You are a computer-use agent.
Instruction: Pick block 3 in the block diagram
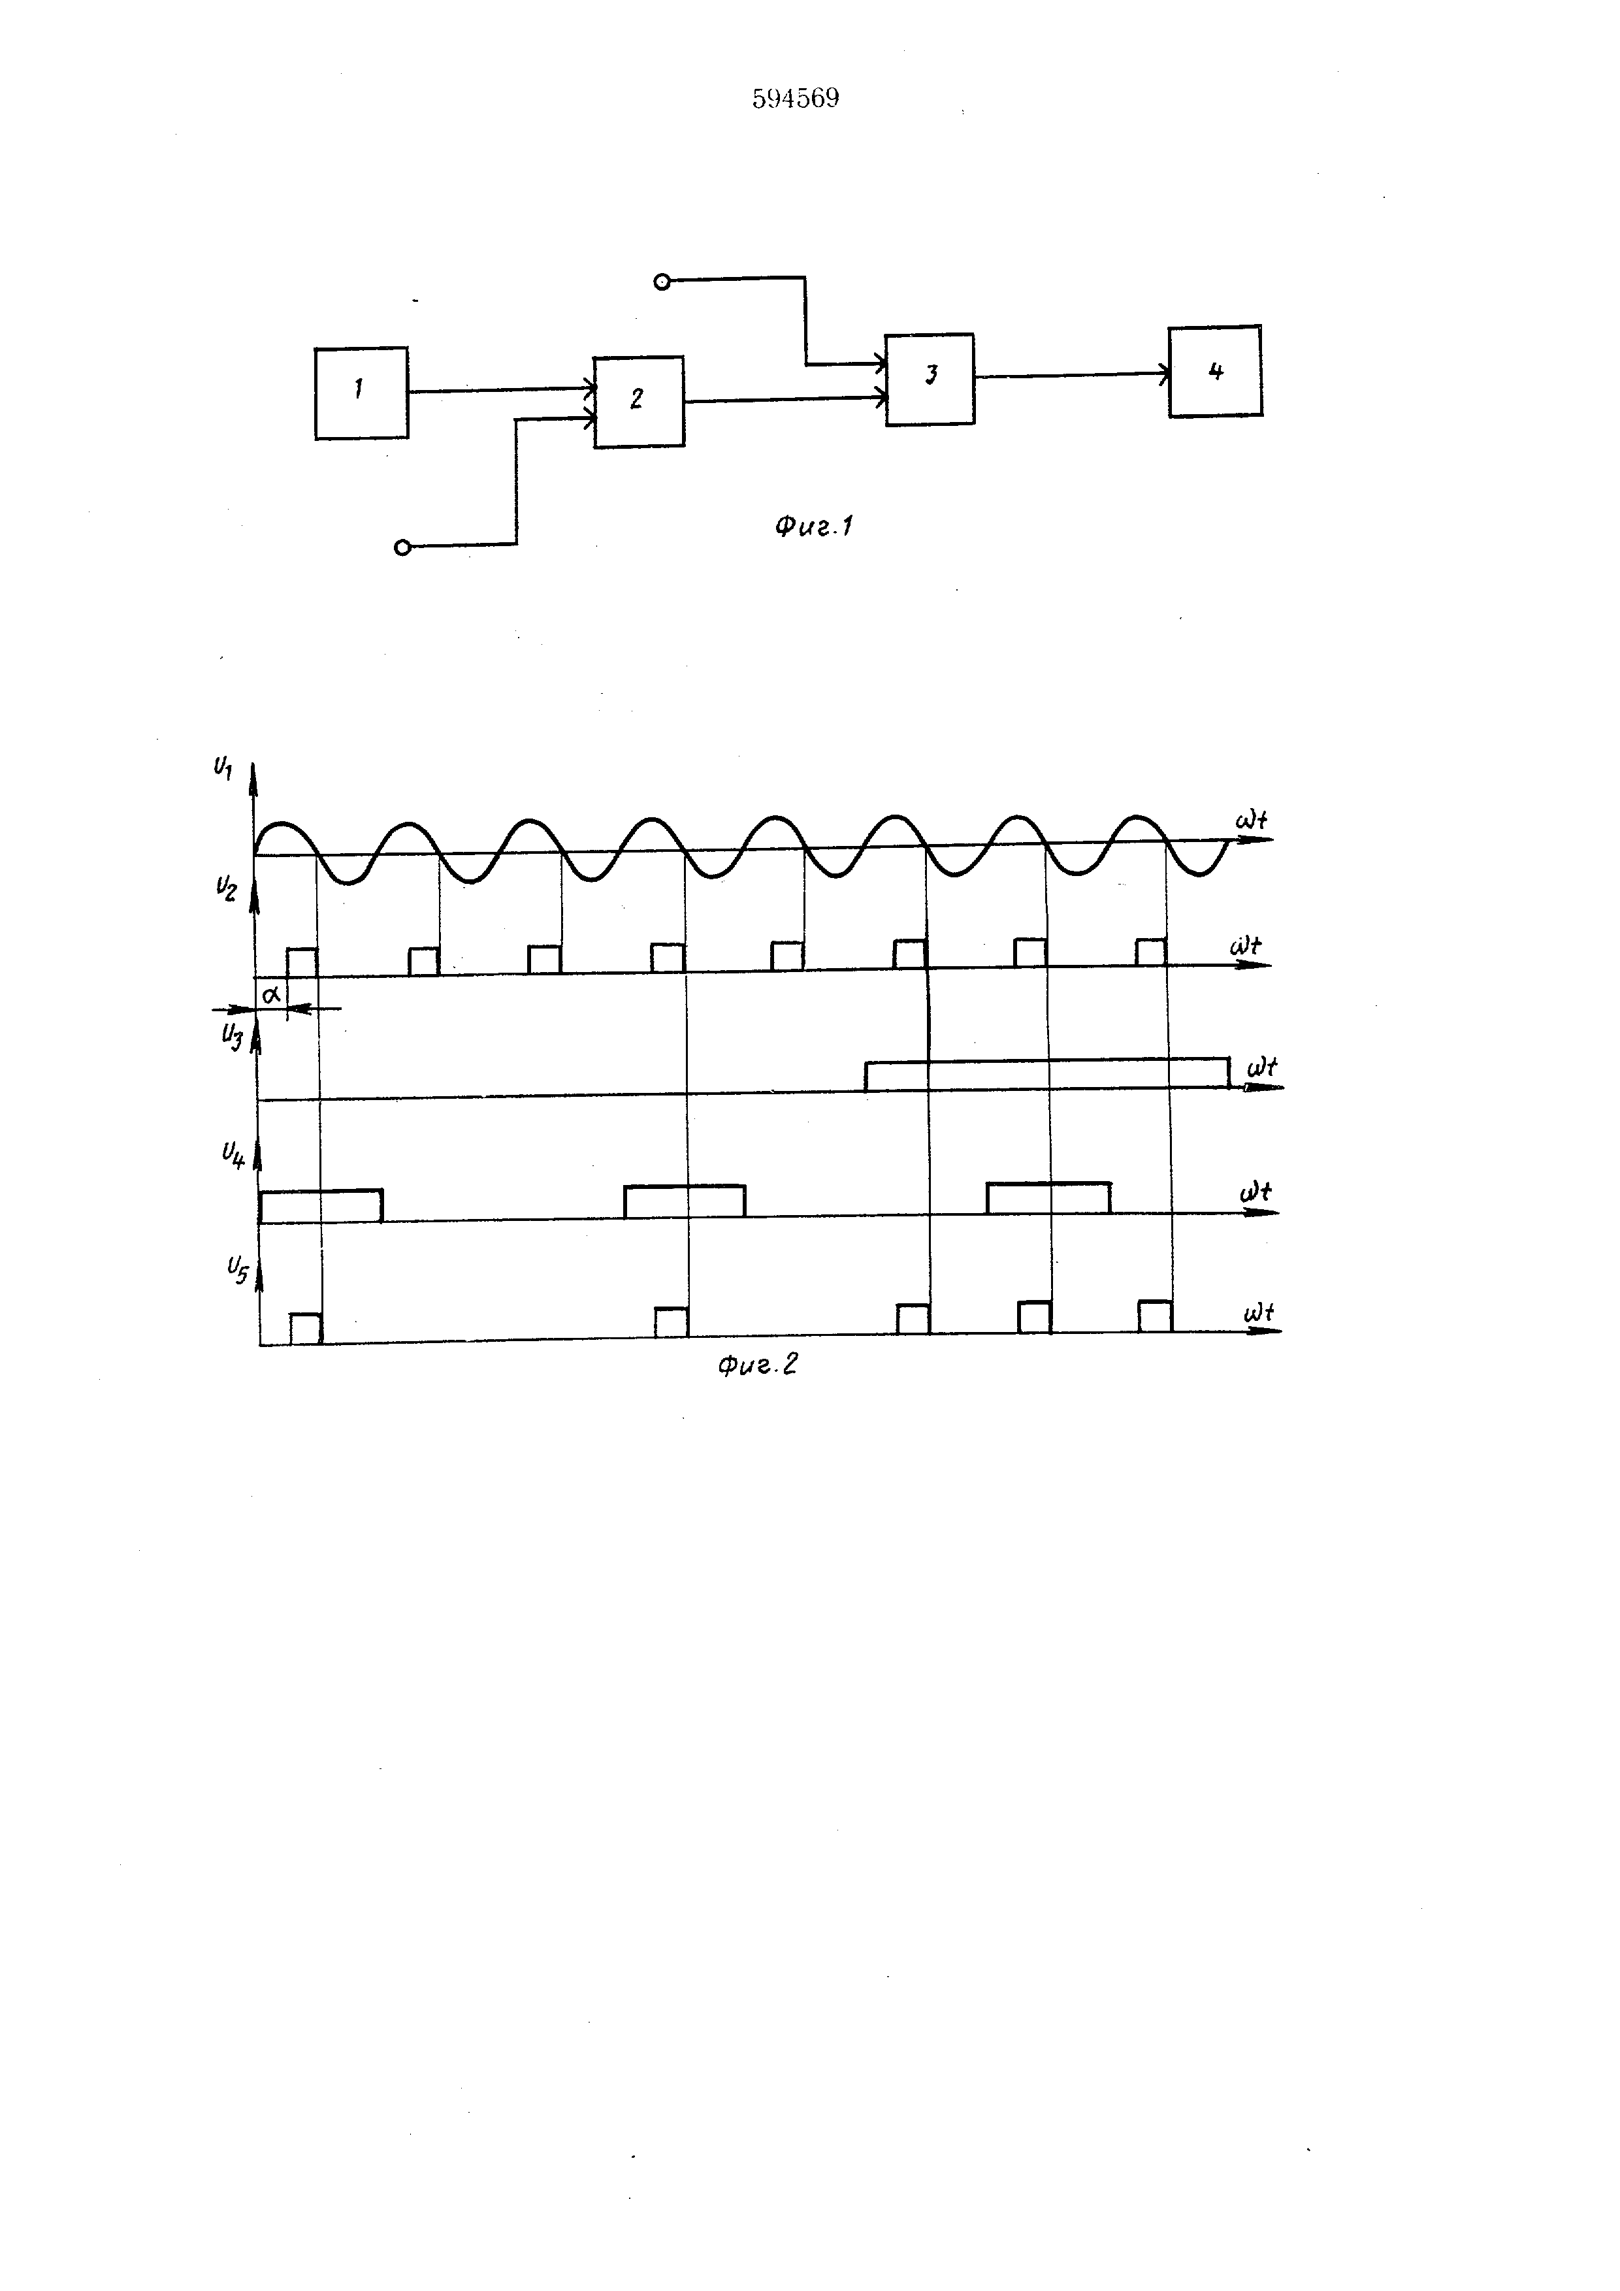point(930,379)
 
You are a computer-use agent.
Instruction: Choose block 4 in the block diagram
point(1215,371)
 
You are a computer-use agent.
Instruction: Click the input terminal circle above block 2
point(660,282)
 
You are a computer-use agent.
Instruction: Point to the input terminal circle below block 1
point(402,547)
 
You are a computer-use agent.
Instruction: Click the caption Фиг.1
point(813,526)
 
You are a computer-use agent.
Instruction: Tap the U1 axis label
point(223,768)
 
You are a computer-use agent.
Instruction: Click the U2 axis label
point(227,888)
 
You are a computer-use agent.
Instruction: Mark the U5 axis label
point(236,1270)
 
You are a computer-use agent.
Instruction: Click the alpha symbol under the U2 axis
point(271,994)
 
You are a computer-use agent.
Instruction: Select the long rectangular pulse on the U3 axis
point(1047,1075)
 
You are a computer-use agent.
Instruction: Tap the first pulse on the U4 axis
point(320,1205)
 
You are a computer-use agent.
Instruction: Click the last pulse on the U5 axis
point(1155,1316)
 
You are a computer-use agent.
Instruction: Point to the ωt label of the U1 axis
point(1251,821)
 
